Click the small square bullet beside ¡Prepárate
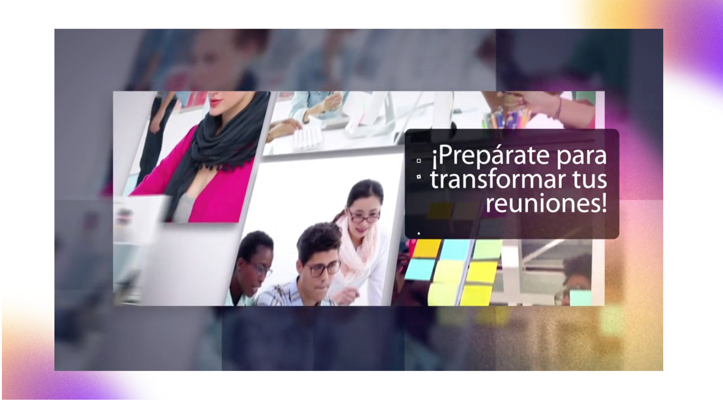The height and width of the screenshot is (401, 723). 419,161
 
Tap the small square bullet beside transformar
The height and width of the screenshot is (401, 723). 419,177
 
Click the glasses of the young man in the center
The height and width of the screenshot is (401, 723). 324,269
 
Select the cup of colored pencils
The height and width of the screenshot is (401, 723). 507,118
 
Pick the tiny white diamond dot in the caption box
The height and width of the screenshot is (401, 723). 419,233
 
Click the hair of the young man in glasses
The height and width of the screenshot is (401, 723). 318,239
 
